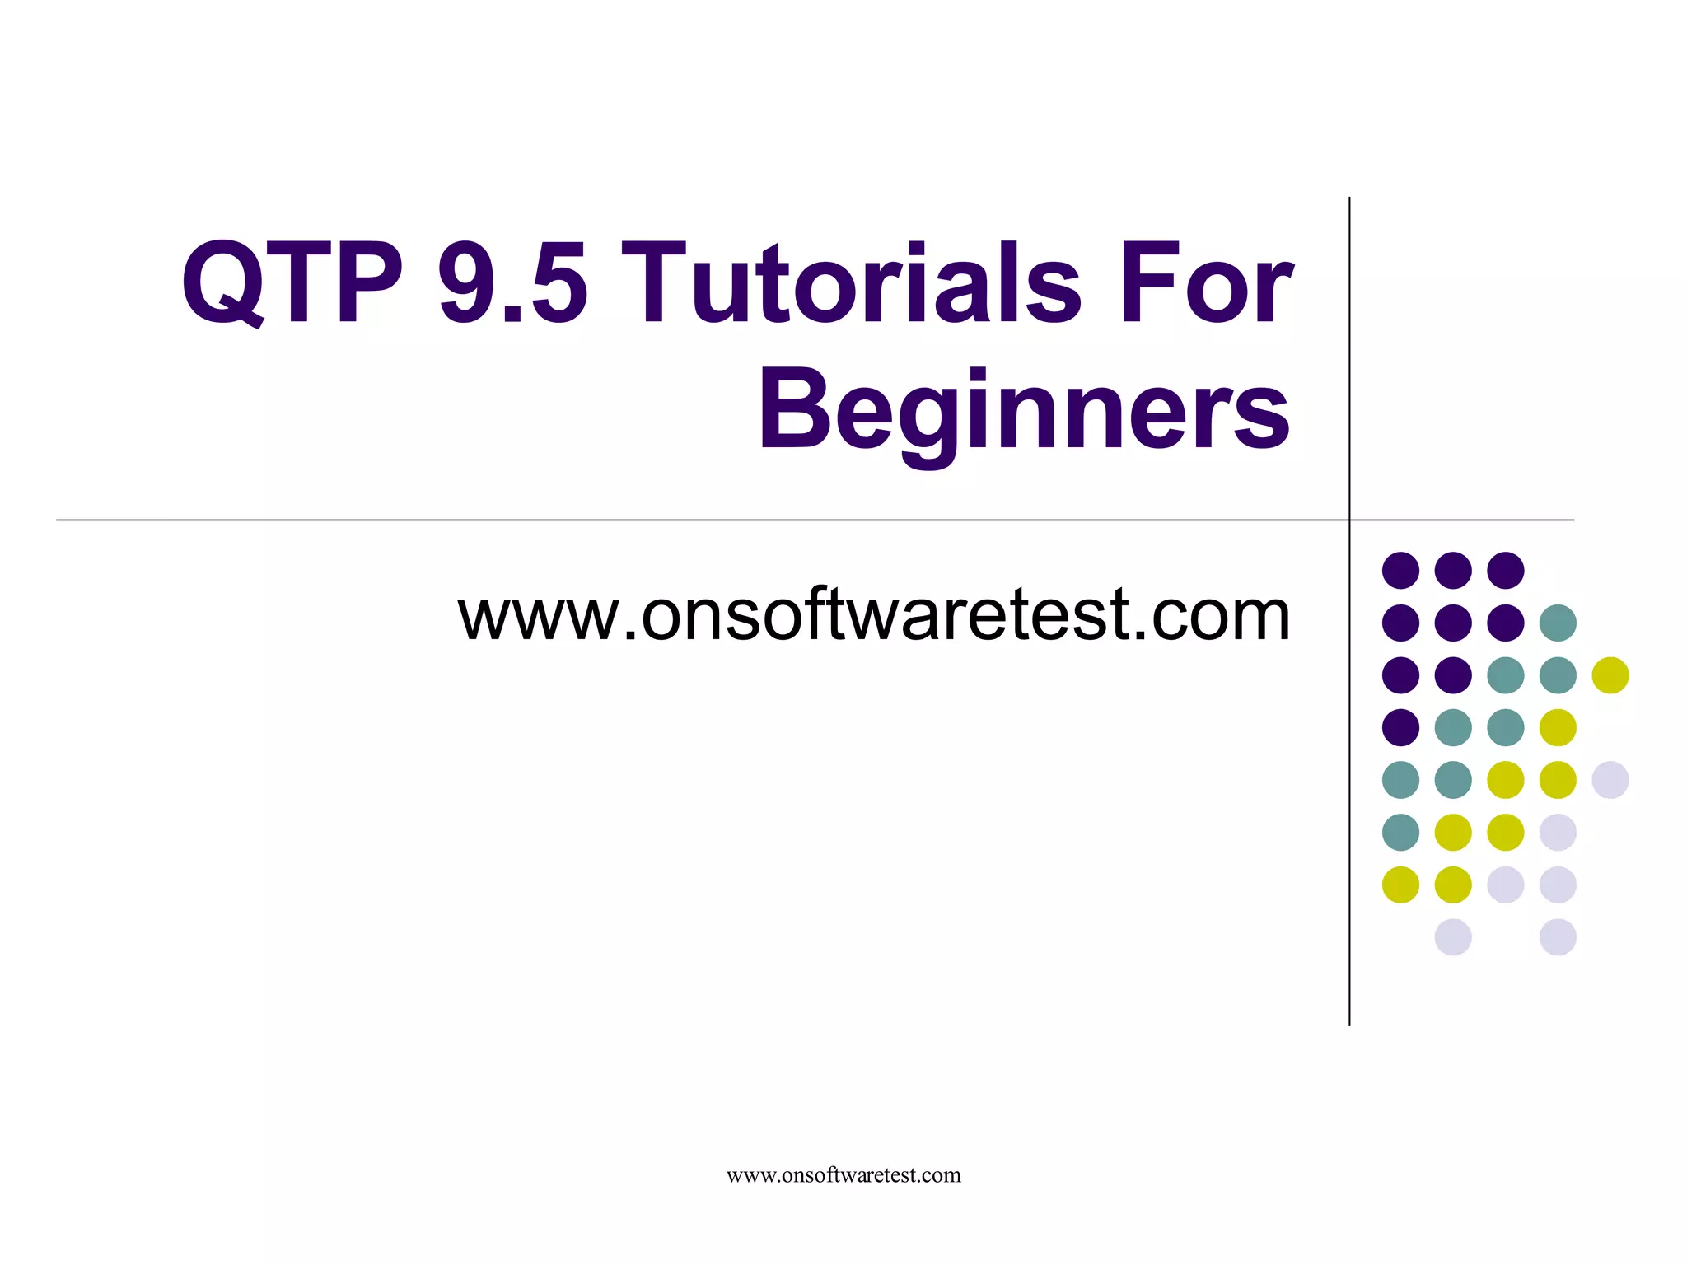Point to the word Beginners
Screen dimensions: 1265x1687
tap(1024, 412)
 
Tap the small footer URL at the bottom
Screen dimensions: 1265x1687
tap(843, 1175)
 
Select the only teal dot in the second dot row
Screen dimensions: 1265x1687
tap(1558, 623)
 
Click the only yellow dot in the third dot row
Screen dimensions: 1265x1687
tap(1610, 675)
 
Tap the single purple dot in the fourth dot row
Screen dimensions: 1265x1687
tap(1400, 727)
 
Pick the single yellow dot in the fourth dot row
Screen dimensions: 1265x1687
tap(1558, 727)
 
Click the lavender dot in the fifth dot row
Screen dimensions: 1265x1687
tap(1610, 780)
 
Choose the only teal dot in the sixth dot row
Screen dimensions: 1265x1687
tap(1400, 832)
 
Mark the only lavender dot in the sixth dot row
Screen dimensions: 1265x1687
tap(1558, 832)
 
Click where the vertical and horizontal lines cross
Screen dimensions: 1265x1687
tap(1349, 520)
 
